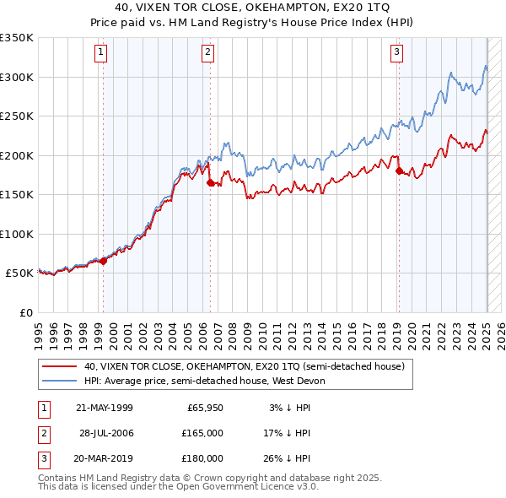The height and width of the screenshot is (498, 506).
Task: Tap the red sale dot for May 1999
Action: pos(104,261)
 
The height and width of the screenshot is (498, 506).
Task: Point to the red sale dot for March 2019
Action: pos(399,171)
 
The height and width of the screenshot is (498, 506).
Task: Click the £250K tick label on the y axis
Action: pos(17,116)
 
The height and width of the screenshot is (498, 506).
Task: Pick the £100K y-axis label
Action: pos(17,234)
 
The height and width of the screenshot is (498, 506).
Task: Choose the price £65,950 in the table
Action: pos(205,408)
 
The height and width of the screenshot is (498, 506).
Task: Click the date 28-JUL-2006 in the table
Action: pos(105,433)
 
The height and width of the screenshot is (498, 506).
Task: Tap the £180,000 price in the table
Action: pos(202,458)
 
